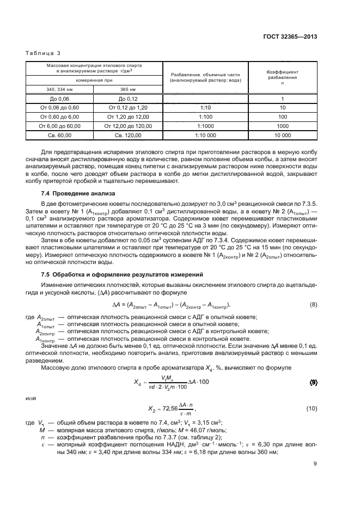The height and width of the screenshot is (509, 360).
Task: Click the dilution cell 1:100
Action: point(205,116)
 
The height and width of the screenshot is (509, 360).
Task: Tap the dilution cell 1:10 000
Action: point(205,134)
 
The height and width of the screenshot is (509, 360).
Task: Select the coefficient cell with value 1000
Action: point(282,125)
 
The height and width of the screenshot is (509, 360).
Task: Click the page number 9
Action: point(315,464)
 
